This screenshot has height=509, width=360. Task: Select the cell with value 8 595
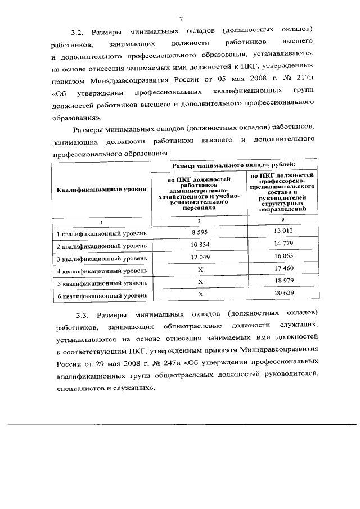(200, 232)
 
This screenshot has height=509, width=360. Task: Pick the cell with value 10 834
(200, 245)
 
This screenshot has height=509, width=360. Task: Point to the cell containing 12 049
(200, 258)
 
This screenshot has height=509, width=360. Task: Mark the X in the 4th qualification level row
(200, 270)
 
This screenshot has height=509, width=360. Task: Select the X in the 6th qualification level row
(200, 294)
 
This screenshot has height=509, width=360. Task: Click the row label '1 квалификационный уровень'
(101, 233)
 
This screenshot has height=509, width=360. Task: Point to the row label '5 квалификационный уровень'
(101, 283)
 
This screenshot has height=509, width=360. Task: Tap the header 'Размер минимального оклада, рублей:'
(233, 166)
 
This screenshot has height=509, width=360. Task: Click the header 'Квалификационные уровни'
(101, 190)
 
